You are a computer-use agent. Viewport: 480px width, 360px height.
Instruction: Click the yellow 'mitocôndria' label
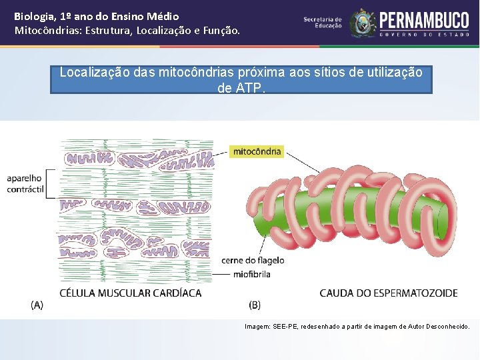click(x=257, y=151)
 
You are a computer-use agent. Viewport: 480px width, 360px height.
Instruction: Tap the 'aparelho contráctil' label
click(x=25, y=184)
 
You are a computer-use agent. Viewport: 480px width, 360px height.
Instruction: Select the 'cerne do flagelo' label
click(x=253, y=260)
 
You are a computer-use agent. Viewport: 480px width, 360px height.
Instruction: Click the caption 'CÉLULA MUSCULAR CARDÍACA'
click(x=131, y=293)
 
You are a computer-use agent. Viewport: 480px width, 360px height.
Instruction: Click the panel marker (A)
click(x=37, y=305)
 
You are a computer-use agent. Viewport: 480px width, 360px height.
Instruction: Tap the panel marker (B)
click(x=255, y=305)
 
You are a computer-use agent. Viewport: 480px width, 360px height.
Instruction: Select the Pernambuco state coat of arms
click(x=363, y=23)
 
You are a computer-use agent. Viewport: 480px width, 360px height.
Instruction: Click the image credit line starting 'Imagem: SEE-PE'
click(x=357, y=327)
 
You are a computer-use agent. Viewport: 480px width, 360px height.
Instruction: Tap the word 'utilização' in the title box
click(x=394, y=72)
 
